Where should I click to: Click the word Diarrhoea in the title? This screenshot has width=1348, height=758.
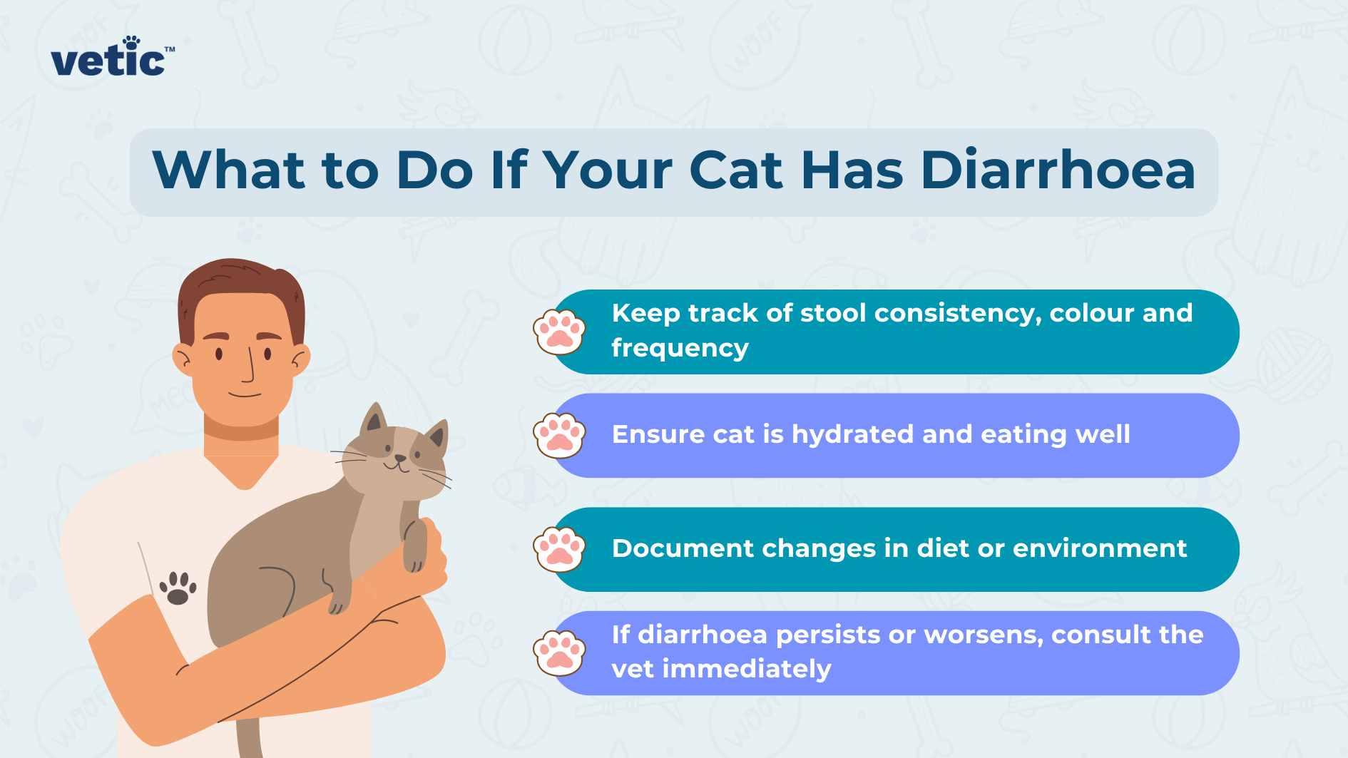coord(1057,171)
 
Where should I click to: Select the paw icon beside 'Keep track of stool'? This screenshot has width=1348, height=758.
coord(559,332)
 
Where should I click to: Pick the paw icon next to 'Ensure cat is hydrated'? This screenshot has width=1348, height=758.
coord(559,436)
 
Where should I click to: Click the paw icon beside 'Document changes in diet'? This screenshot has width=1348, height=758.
coord(559,549)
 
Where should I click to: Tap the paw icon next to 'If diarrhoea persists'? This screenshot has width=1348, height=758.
coord(559,653)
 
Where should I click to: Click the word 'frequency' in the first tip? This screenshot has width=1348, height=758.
coord(680,349)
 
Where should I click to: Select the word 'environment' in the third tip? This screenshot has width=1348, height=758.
coord(1099,548)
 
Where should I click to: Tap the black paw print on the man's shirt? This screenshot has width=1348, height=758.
coord(177,588)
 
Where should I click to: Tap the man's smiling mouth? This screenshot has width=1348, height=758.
coord(245,394)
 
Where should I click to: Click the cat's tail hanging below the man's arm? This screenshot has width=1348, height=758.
coord(247,738)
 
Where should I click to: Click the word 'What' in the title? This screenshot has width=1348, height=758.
coord(229,171)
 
